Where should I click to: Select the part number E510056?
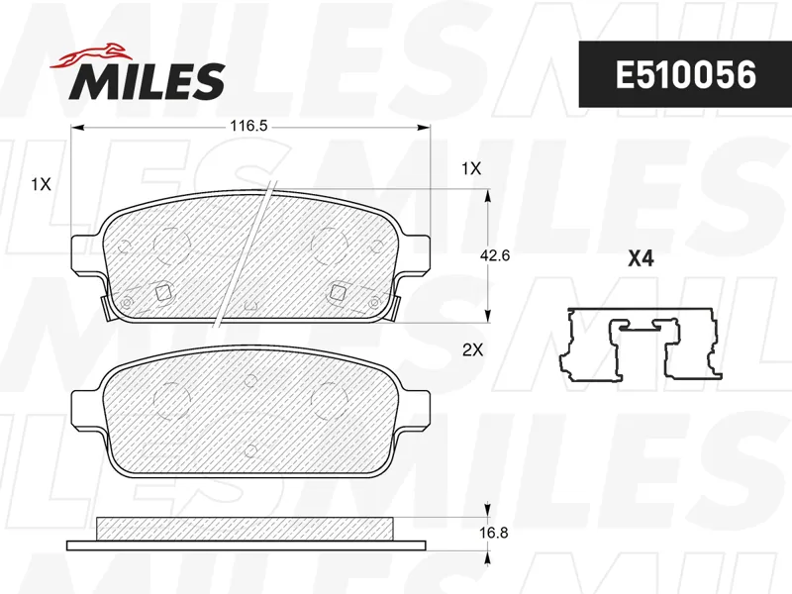(x=685, y=75)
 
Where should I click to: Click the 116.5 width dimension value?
(x=248, y=126)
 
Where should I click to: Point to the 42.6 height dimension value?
(x=494, y=255)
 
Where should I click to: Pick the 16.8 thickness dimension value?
(x=493, y=533)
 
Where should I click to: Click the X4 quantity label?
(x=641, y=259)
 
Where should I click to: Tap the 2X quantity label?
(x=473, y=349)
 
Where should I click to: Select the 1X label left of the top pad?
(x=41, y=184)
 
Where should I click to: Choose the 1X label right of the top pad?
(x=471, y=168)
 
